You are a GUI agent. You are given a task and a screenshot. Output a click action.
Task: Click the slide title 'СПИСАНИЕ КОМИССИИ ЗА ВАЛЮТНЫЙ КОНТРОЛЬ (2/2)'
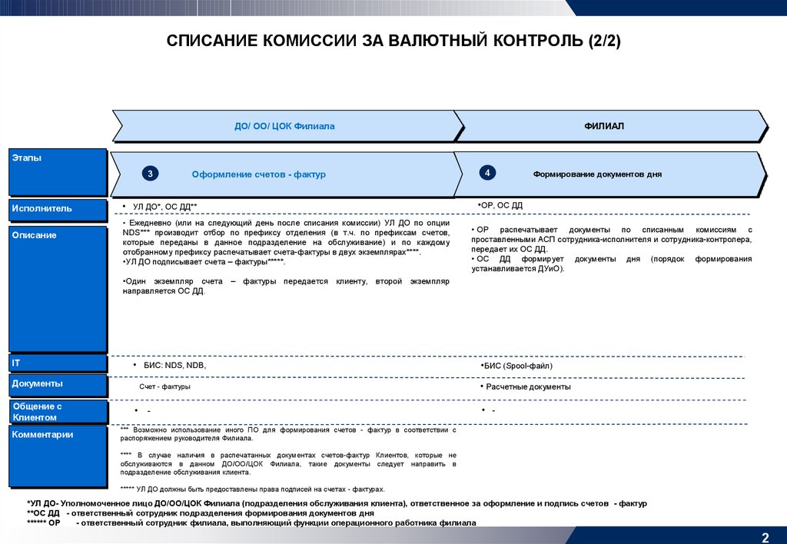[393, 41]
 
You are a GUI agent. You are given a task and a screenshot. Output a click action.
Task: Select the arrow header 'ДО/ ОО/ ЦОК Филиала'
[284, 126]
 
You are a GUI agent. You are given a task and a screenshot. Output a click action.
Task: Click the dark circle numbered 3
[151, 174]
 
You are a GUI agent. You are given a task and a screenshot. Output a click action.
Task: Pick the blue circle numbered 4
[487, 173]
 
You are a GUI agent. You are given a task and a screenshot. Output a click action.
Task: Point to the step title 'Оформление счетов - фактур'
[258, 174]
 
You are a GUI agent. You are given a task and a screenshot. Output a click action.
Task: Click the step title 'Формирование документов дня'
[597, 174]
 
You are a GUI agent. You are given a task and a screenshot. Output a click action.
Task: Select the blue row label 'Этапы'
[58, 171]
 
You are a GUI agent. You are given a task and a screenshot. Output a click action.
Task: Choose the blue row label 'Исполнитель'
[58, 209]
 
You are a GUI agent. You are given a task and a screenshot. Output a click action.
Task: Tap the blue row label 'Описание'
[58, 288]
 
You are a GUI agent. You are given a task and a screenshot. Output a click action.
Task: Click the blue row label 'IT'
[58, 363]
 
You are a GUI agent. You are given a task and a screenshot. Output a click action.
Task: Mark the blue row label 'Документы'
[58, 384]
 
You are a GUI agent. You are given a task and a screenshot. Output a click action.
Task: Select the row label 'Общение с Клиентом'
[58, 411]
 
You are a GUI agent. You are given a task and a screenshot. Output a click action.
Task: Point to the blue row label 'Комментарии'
[58, 456]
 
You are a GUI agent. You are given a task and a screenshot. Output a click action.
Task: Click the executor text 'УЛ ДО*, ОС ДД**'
[165, 207]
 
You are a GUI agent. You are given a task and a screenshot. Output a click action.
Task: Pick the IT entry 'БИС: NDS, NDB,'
[174, 366]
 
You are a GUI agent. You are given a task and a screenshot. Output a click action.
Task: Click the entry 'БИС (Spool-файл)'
[517, 366]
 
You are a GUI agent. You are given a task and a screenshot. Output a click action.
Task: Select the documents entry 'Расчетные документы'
[528, 386]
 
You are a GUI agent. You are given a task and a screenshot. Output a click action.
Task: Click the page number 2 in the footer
[765, 536]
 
